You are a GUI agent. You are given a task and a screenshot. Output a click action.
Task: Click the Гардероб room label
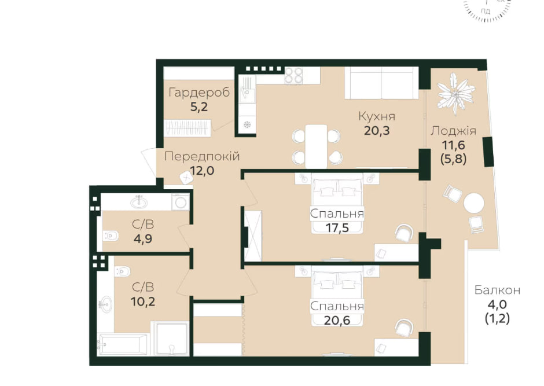(199, 93)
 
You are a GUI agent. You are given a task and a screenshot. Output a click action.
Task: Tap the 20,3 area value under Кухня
(377, 131)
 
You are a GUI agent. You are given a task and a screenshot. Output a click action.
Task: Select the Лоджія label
(454, 131)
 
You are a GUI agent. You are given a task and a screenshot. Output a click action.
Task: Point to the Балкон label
(497, 290)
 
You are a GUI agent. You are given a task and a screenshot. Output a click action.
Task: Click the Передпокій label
(202, 156)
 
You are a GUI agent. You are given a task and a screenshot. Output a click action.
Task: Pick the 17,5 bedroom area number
(337, 228)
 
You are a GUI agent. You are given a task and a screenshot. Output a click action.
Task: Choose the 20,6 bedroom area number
(337, 321)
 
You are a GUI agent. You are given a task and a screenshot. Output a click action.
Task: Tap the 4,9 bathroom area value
(143, 239)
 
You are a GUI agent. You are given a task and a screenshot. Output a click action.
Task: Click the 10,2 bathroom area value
(143, 302)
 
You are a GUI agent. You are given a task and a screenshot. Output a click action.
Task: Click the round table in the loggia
(473, 203)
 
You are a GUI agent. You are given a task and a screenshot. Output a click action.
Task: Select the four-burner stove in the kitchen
(293, 75)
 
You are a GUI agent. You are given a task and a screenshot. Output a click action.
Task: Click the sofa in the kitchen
(381, 83)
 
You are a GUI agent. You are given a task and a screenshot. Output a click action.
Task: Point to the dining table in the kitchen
(316, 146)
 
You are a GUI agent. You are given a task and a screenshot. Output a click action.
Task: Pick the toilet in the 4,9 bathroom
(111, 236)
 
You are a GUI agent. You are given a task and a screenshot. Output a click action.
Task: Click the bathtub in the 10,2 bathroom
(123, 344)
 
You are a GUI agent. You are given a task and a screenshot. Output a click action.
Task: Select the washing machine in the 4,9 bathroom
(181, 202)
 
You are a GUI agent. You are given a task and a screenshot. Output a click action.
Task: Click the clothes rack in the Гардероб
(188, 128)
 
